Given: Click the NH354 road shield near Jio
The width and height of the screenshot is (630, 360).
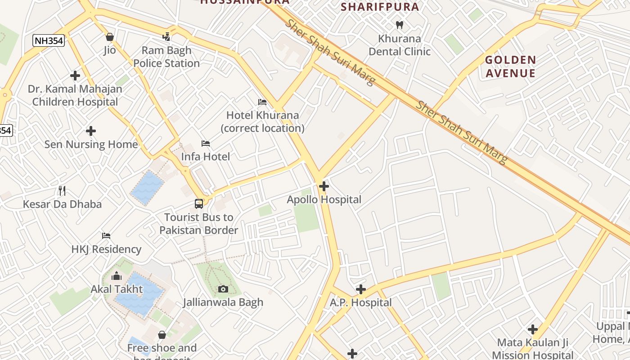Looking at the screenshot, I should point(49,41).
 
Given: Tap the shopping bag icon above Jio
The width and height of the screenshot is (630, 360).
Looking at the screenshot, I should point(109,37).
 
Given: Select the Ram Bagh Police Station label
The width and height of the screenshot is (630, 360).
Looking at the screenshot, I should point(166,57).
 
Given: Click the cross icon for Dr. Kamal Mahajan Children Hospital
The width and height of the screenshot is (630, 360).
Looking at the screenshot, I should point(75,76).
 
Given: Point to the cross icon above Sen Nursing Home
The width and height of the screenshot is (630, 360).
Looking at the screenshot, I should point(91,131).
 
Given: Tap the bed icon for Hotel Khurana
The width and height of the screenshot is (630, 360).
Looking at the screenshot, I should point(262,102).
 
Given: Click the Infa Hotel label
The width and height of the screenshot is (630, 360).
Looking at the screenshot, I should point(205,157).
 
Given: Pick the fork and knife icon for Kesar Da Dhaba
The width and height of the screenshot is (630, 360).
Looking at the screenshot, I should point(62,191).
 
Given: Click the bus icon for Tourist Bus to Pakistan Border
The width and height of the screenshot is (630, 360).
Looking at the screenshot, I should point(199,204).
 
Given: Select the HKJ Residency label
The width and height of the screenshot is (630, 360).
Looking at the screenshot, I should point(106,249).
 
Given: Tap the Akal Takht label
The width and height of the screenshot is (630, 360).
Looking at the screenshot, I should point(117,289).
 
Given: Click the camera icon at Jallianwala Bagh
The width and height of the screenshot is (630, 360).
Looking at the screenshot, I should point(223,289).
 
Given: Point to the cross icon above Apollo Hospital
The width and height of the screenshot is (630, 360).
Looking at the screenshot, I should point(324,186).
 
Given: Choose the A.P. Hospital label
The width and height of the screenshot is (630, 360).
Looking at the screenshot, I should point(360,303).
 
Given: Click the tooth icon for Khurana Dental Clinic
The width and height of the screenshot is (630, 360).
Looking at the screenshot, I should point(399,25).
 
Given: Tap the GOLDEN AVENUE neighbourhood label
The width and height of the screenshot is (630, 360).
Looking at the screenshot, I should point(510,67).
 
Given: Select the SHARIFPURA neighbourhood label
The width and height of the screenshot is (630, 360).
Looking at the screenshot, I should point(380,7).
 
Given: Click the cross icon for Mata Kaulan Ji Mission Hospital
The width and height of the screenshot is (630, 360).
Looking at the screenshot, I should point(533,329).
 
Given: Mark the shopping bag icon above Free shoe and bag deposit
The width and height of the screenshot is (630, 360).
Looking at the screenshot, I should point(162,335).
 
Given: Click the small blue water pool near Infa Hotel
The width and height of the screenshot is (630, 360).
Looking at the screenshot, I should point(147,188).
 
